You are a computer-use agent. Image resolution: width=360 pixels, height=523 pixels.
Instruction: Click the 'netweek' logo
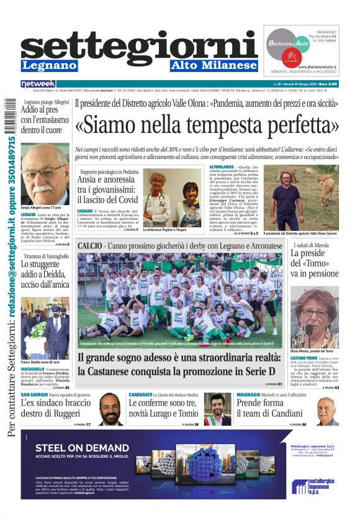[x=38, y=83]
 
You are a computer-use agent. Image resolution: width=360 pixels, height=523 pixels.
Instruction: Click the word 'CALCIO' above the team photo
[x=91, y=246]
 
